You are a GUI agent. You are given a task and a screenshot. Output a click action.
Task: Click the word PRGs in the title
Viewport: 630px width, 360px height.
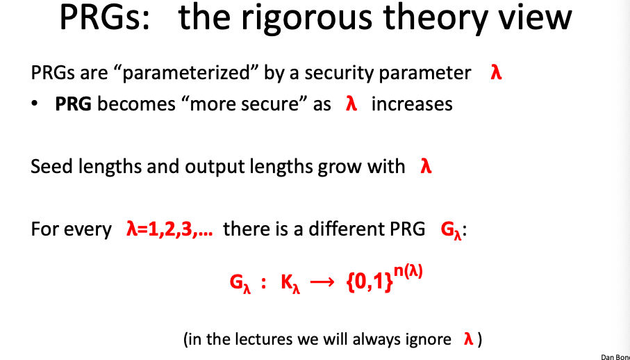coord(105,19)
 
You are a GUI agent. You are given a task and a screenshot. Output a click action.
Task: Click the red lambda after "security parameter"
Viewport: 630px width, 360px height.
coord(495,72)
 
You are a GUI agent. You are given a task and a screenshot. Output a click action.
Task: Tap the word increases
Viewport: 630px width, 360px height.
coord(412,104)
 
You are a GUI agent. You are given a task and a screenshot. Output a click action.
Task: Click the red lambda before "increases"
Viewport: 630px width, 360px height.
coord(351,104)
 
